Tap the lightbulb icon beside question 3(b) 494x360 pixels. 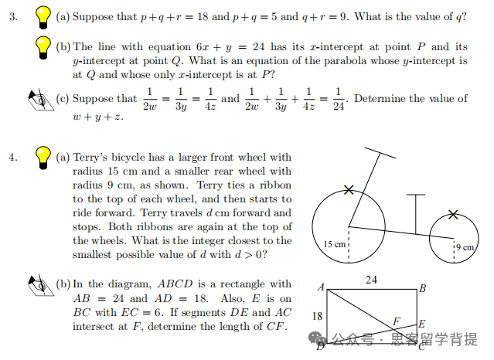45,49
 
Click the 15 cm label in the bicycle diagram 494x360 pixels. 334,244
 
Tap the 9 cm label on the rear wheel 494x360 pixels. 465,247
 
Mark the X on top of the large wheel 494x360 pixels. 349,189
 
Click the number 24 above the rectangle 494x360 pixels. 371,280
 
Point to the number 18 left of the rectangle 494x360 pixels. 317,316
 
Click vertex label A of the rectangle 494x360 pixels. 321,287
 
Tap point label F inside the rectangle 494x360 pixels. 397,321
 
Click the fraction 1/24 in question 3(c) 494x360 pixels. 339,99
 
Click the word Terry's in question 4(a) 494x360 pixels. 91,158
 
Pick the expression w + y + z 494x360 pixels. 98,117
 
